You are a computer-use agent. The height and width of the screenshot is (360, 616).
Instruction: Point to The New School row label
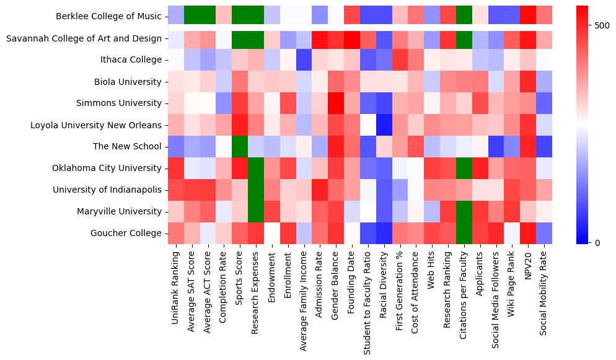(x=127, y=147)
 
